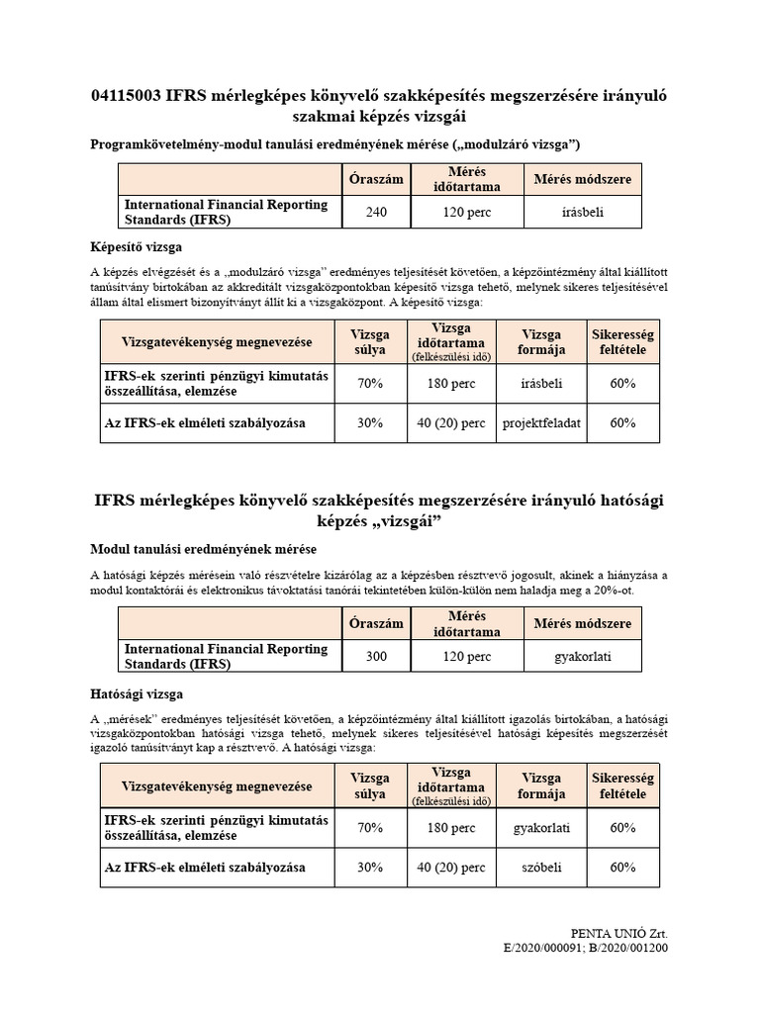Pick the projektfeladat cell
coord(541,422)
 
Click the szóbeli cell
coord(541,868)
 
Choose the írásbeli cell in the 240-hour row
coord(582,212)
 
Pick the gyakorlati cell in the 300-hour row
coord(582,655)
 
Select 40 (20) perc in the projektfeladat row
coord(451,422)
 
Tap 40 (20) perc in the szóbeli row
coord(451,868)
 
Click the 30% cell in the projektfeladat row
coord(369,422)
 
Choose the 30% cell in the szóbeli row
coord(369,868)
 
